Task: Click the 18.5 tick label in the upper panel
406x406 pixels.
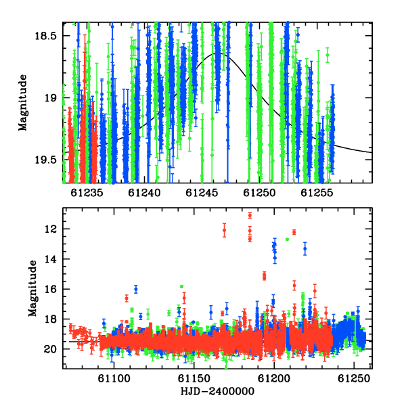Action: [45, 35]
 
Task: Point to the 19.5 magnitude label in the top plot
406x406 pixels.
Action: [45, 160]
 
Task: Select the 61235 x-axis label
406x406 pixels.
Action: [87, 193]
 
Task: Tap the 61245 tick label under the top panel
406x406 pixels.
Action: [202, 193]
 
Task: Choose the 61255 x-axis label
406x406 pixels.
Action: [317, 193]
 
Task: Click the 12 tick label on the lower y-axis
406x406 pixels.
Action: [51, 229]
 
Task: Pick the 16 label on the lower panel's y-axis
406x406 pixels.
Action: [51, 289]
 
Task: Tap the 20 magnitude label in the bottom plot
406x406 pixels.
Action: [50, 349]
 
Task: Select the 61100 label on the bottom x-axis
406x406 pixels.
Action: [114, 379]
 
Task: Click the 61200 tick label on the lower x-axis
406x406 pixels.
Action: [274, 379]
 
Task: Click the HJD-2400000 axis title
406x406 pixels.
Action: [217, 391]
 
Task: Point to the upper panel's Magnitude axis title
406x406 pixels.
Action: [23, 103]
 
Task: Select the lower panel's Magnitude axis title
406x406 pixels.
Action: [32, 288]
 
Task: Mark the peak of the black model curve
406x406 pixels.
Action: [217, 53]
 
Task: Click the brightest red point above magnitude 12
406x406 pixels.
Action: [250, 215]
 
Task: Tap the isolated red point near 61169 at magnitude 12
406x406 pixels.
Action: [224, 230]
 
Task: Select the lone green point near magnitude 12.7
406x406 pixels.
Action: [287, 240]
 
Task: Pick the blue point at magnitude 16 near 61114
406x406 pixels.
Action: [136, 289]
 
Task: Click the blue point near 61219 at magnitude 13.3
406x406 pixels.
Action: [305, 248]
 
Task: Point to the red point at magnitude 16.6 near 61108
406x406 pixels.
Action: [127, 298]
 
